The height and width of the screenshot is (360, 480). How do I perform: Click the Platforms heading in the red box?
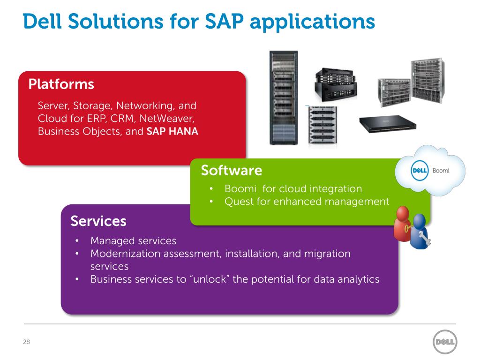61,85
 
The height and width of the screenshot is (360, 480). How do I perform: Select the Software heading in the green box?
231,170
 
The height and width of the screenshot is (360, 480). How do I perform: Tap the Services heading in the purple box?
98,221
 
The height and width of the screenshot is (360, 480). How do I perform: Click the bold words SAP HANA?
172,132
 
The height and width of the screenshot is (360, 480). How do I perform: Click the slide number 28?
26,342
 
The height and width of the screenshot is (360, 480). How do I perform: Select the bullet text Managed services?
133,241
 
